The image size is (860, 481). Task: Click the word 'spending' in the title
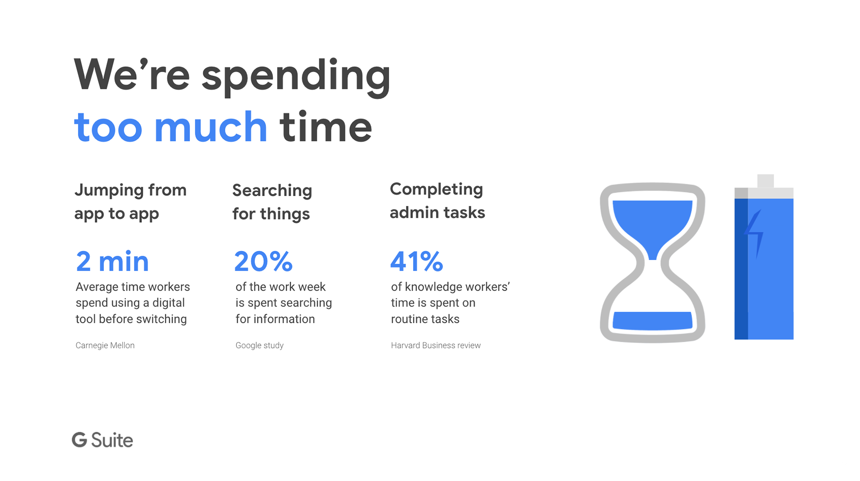tap(296, 77)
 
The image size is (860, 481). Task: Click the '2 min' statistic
tap(112, 262)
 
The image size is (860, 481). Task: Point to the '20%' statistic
tap(263, 262)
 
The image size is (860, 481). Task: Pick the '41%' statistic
tap(417, 262)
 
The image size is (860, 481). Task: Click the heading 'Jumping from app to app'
tap(130, 202)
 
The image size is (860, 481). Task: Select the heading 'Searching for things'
tap(272, 202)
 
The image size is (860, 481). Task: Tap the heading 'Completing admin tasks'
tap(437, 201)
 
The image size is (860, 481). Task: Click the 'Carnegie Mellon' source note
tap(105, 345)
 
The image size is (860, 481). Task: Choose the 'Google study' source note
tap(259, 345)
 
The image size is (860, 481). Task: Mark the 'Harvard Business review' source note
tap(435, 345)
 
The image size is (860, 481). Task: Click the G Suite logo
tap(102, 440)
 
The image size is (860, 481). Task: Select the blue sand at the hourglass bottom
tap(652, 321)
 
